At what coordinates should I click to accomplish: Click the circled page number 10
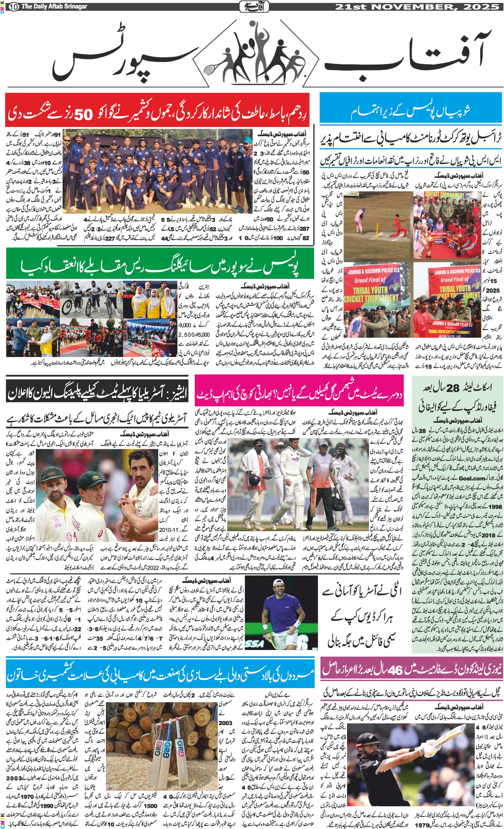[13, 6]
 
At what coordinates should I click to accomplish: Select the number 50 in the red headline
[83, 115]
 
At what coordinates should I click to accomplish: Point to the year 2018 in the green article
[488, 535]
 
